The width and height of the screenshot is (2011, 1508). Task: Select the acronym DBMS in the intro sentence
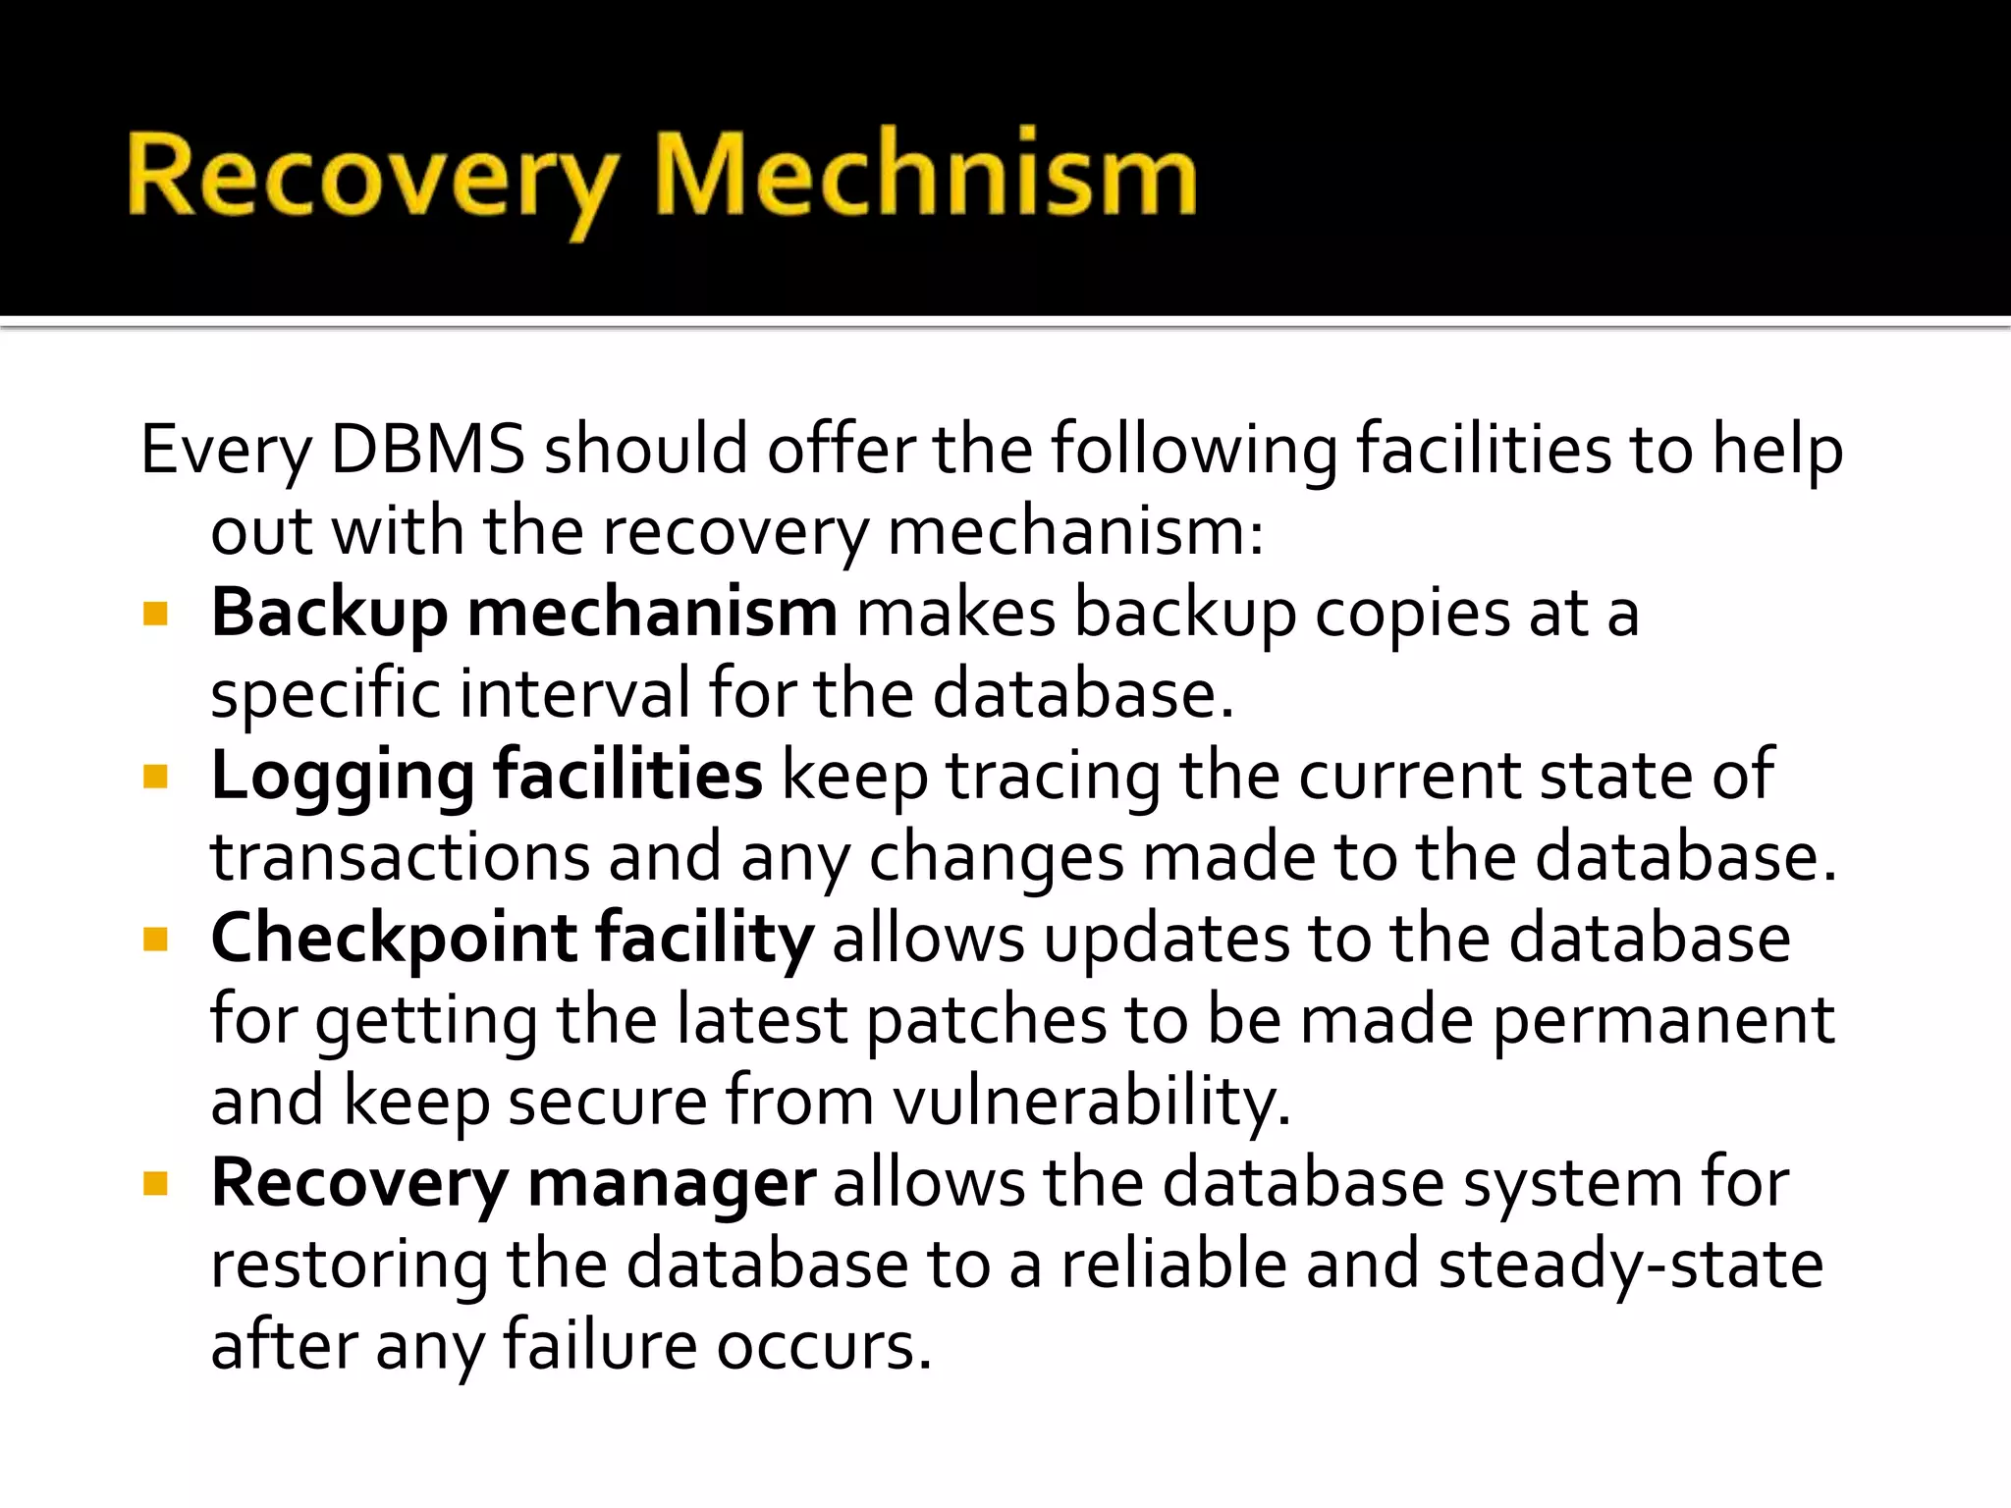click(x=427, y=450)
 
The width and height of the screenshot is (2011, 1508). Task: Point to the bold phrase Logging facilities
click(x=486, y=776)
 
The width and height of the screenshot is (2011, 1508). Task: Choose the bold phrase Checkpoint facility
click(x=512, y=939)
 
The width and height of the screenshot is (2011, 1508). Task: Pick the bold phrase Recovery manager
click(x=513, y=1182)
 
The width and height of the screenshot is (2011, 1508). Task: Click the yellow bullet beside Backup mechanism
click(x=155, y=616)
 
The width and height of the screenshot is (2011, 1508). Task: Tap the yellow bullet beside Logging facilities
click(x=155, y=779)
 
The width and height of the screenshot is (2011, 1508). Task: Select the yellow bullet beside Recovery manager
click(x=155, y=1185)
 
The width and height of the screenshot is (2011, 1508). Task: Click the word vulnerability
click(x=1091, y=1102)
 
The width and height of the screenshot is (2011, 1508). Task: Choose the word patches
click(x=986, y=1020)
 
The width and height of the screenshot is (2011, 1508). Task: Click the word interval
click(x=574, y=694)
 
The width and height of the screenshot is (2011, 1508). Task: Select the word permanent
click(x=1663, y=1020)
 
